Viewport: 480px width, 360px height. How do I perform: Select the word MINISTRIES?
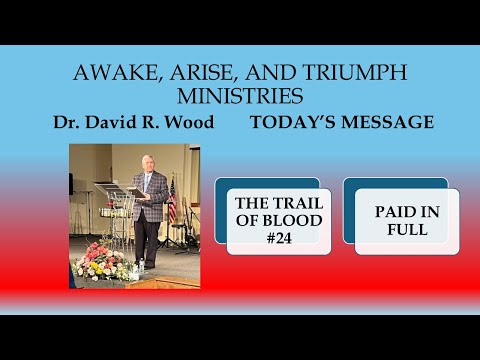[x=239, y=99]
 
